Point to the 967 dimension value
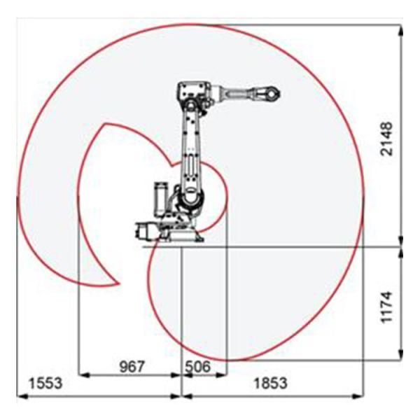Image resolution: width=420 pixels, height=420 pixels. (x=131, y=366)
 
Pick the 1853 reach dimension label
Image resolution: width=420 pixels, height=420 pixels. (x=269, y=384)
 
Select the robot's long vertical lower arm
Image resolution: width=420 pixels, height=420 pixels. (x=191, y=150)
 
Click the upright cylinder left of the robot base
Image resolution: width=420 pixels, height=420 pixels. (x=160, y=198)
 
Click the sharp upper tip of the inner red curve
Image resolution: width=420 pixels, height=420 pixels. (x=104, y=125)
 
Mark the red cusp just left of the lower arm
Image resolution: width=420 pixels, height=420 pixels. (x=170, y=164)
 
